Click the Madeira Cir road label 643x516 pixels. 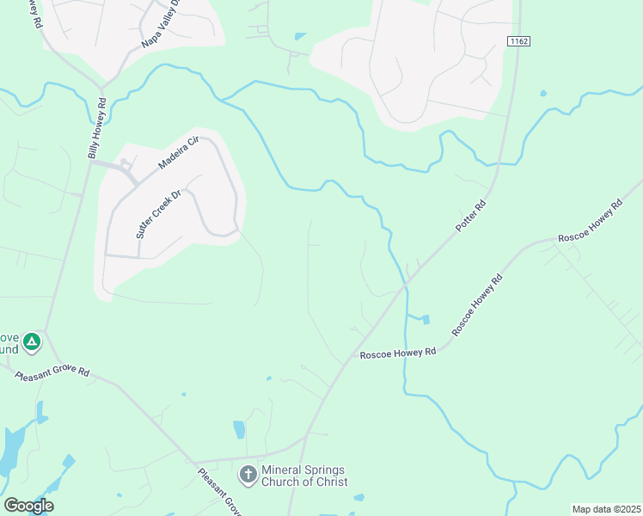pyautogui.click(x=179, y=152)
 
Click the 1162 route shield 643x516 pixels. pyautogui.click(x=517, y=40)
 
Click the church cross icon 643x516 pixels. pyautogui.click(x=248, y=474)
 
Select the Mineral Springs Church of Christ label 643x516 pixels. pyautogui.click(x=303, y=476)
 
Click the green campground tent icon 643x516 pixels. pyautogui.click(x=32, y=342)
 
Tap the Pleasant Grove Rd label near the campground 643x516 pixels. pyautogui.click(x=52, y=372)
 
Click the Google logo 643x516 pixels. pyautogui.click(x=28, y=506)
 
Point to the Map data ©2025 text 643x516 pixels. pyautogui.click(x=607, y=509)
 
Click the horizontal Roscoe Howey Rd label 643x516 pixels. pyautogui.click(x=398, y=353)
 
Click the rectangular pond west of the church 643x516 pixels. pyautogui.click(x=239, y=429)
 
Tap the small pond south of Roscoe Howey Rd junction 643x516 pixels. pyautogui.click(x=426, y=320)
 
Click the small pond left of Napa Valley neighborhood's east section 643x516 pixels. pyautogui.click(x=299, y=37)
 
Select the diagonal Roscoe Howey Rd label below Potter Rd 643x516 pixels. pyautogui.click(x=477, y=304)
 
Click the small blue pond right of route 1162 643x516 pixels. pyautogui.click(x=543, y=93)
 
